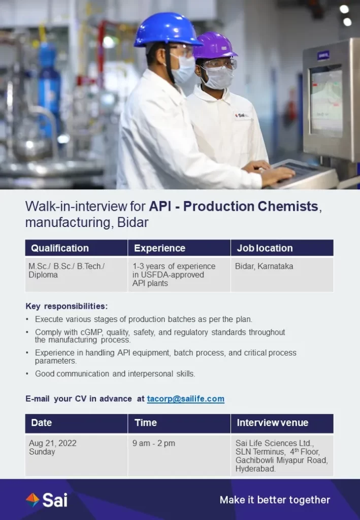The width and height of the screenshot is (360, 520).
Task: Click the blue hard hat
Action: [x=168, y=29]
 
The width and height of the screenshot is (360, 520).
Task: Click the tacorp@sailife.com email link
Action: [x=186, y=399]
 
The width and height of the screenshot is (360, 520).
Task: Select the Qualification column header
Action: [x=60, y=248]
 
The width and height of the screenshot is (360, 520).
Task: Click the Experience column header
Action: [x=159, y=248]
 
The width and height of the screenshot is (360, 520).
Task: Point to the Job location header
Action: [x=265, y=248]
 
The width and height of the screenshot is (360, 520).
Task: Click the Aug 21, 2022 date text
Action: [x=53, y=443]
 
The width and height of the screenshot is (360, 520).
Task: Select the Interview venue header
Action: [x=273, y=422]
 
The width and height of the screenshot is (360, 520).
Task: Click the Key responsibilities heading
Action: [x=67, y=306]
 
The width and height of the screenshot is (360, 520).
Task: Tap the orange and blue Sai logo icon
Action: [x=32, y=500]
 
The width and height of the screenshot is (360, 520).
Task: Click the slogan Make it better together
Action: [x=275, y=500]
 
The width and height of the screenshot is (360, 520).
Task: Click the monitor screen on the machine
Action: [x=326, y=101]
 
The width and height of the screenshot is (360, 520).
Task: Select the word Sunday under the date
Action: [x=42, y=451]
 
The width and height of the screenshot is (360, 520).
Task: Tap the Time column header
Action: [x=146, y=422]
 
